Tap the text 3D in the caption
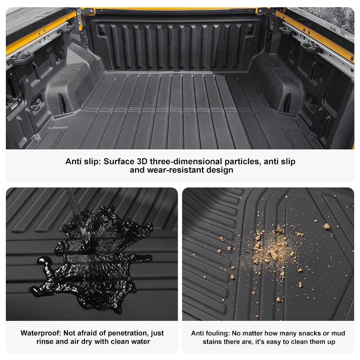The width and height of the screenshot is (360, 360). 144,161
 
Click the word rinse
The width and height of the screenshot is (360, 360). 46,342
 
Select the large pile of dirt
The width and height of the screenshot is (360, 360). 270,250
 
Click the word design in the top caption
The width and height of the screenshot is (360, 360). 218,170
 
